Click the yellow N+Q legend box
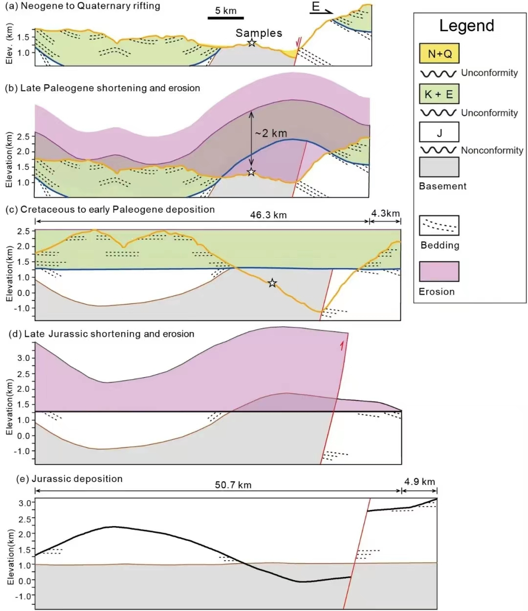439,54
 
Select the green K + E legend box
439,94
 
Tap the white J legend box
439,132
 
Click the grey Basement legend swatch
439,167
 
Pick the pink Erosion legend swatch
439,272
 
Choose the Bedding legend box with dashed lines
439,225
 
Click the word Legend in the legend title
466,25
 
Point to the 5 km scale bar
225,18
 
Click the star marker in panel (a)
251,43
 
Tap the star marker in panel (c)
272,283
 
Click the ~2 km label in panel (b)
270,133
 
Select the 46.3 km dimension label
268,215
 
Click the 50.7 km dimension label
233,485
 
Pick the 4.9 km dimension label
419,482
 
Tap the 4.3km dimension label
385,213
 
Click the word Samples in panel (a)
259,33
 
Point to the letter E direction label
316,7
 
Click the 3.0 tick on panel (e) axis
24,503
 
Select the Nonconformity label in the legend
492,150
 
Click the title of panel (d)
102,334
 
